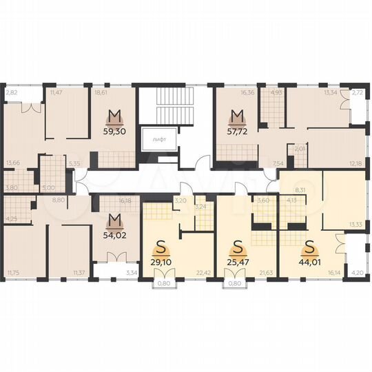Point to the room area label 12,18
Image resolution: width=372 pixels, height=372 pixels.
click(x=355, y=163)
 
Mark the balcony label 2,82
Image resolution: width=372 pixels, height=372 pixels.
click(x=11, y=91)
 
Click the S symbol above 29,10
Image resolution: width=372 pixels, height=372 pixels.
click(x=163, y=245)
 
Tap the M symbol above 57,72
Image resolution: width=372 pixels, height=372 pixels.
click(x=238, y=114)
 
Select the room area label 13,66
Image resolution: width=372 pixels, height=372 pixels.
click(x=12, y=163)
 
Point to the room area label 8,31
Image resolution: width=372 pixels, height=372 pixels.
click(x=299, y=189)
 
